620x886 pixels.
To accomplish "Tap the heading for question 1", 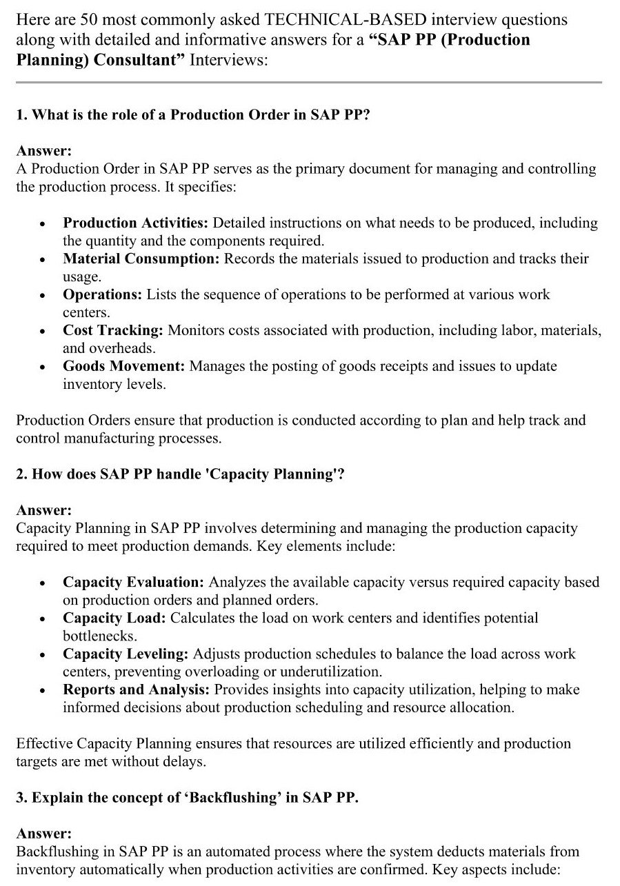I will click(193, 114).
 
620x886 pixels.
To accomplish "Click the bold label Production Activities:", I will click(136, 223).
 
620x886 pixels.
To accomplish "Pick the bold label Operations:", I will click(102, 294).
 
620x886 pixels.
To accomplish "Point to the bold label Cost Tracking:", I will click(113, 330).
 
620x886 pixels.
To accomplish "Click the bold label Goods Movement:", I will click(123, 366).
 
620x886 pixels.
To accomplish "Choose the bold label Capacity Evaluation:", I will click(133, 582).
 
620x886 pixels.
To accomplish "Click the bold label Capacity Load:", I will click(114, 618).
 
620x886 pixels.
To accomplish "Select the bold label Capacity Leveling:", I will click(126, 654).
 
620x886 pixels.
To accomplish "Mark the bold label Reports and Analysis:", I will click(137, 689).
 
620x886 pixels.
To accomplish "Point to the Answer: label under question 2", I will click(43, 510).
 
